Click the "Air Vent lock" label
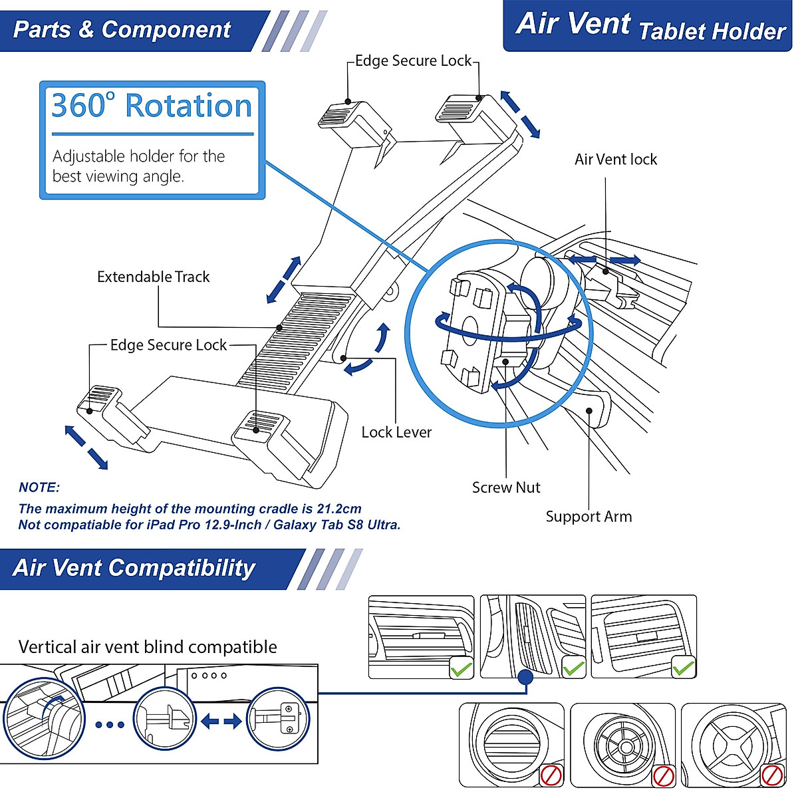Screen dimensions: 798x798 [615, 160]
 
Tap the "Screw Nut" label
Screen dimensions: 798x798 [506, 487]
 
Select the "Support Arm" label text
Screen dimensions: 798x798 [589, 517]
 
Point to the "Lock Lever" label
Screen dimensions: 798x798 [396, 432]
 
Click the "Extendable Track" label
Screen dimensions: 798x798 [153, 277]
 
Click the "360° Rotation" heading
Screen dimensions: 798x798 [152, 106]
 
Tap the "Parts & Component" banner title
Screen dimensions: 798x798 [122, 30]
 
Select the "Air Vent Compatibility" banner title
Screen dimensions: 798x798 [134, 568]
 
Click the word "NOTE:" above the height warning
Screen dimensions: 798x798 [39, 487]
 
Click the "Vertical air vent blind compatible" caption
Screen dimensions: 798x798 [148, 647]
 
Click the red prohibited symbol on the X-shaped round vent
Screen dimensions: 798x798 [772, 775]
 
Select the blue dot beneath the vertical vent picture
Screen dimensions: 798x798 [525, 678]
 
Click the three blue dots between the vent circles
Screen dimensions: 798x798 [110, 725]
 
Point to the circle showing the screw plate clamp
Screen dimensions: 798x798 [278, 720]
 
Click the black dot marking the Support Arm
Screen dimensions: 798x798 [589, 411]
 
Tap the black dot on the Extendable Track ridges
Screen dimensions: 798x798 [279, 328]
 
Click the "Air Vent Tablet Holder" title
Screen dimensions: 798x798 [650, 26]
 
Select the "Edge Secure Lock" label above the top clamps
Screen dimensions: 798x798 [413, 61]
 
